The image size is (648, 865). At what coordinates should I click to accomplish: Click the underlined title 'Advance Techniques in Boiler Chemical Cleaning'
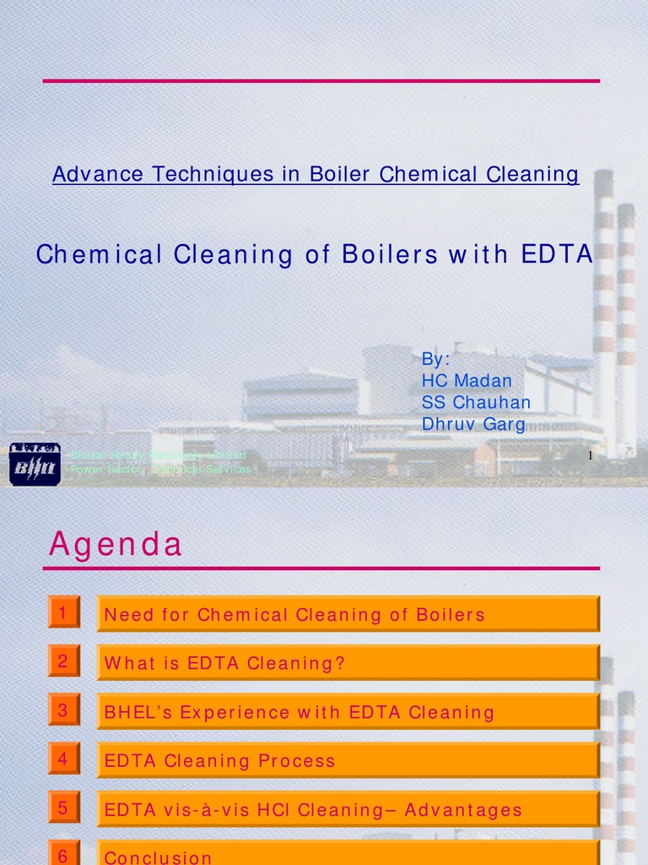(316, 175)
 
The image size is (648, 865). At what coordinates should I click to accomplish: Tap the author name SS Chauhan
(476, 402)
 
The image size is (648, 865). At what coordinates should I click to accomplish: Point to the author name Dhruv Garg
(473, 424)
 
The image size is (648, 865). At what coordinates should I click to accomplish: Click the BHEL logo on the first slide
(35, 464)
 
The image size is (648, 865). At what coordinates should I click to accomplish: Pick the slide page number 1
(591, 456)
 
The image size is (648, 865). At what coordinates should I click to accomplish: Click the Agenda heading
(116, 545)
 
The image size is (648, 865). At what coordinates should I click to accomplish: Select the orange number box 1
(63, 612)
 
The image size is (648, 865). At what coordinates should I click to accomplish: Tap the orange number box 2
(63, 661)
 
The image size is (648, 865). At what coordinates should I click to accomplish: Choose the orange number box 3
(63, 710)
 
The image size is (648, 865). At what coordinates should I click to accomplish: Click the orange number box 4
(63, 759)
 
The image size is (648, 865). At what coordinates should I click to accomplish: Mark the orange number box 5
(63, 808)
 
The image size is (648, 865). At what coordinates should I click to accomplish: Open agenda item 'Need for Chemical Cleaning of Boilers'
(294, 615)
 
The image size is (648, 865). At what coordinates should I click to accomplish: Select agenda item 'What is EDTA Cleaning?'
(224, 664)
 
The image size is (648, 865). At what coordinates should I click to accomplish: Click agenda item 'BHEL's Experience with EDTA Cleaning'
(299, 713)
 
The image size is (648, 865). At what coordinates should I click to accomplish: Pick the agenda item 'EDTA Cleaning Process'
(219, 762)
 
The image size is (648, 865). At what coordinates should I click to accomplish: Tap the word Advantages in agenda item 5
(463, 811)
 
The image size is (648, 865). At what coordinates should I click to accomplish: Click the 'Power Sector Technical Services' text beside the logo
(160, 469)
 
